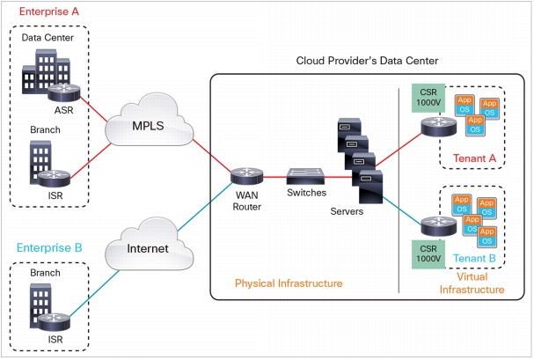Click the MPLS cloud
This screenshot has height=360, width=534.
[x=150, y=121]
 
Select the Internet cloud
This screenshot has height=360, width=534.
[x=150, y=244]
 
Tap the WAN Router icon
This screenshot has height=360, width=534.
[x=247, y=176]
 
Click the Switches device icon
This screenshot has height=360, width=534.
[x=305, y=176]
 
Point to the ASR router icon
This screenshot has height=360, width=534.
[x=64, y=92]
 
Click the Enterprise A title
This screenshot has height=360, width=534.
[x=49, y=11]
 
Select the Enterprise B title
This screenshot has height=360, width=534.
[x=49, y=247]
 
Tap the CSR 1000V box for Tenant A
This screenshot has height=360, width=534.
[x=428, y=98]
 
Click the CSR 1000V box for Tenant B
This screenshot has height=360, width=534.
[x=428, y=254]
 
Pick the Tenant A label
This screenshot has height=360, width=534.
[x=474, y=158]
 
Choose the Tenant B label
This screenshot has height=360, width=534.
[x=474, y=259]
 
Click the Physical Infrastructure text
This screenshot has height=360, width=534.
[x=289, y=283]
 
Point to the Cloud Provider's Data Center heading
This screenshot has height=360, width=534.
[x=367, y=61]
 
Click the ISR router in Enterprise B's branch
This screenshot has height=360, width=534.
[x=54, y=322]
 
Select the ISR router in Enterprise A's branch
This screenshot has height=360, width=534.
[x=54, y=179]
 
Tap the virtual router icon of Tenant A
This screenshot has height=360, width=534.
[x=439, y=127]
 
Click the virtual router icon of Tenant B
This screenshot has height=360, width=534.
[x=439, y=226]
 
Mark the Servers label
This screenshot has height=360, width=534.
[x=347, y=211]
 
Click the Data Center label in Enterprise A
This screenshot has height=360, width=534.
[x=48, y=38]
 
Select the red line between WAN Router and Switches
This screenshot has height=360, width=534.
[x=275, y=177]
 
